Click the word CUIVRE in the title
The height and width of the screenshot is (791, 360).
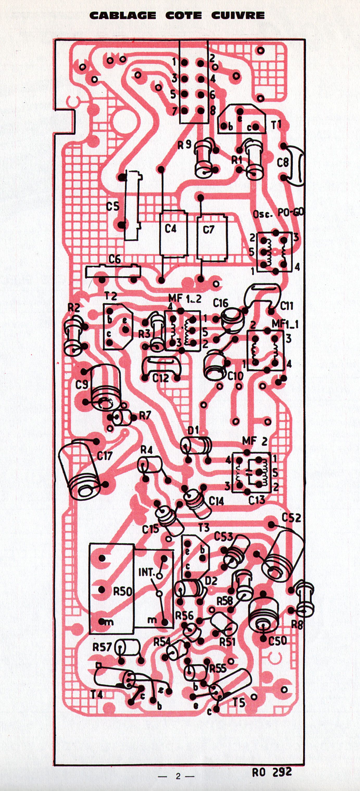(x=238, y=15)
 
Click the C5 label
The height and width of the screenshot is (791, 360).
(x=113, y=206)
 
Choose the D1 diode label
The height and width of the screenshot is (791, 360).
(x=193, y=431)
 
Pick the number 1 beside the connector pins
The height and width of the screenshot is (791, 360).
(x=174, y=62)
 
